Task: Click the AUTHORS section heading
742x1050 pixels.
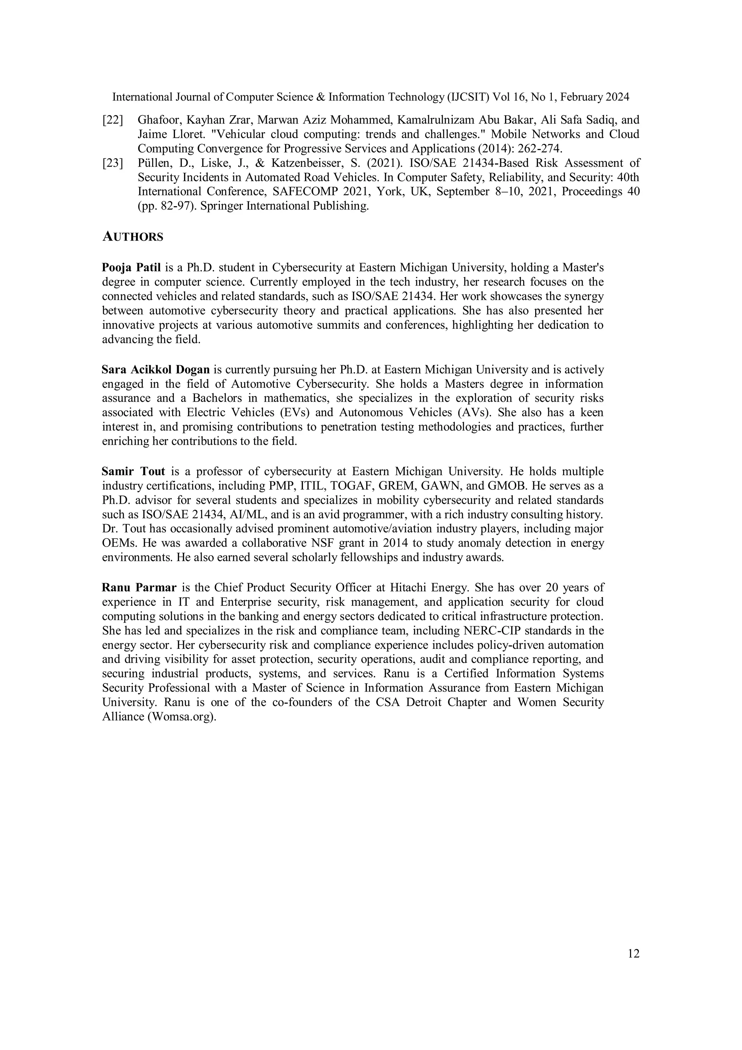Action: pyautogui.click(x=133, y=237)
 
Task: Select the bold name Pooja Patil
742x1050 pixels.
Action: pyautogui.click(x=131, y=267)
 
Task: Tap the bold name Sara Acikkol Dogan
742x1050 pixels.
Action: pyautogui.click(x=155, y=369)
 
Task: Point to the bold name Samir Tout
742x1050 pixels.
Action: pyautogui.click(x=133, y=471)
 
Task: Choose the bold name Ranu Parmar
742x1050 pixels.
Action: pyautogui.click(x=139, y=587)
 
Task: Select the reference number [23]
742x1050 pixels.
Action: pyautogui.click(x=112, y=163)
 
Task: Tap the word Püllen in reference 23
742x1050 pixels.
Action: pyautogui.click(x=154, y=163)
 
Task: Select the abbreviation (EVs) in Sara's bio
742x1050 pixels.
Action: pyautogui.click(x=294, y=412)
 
